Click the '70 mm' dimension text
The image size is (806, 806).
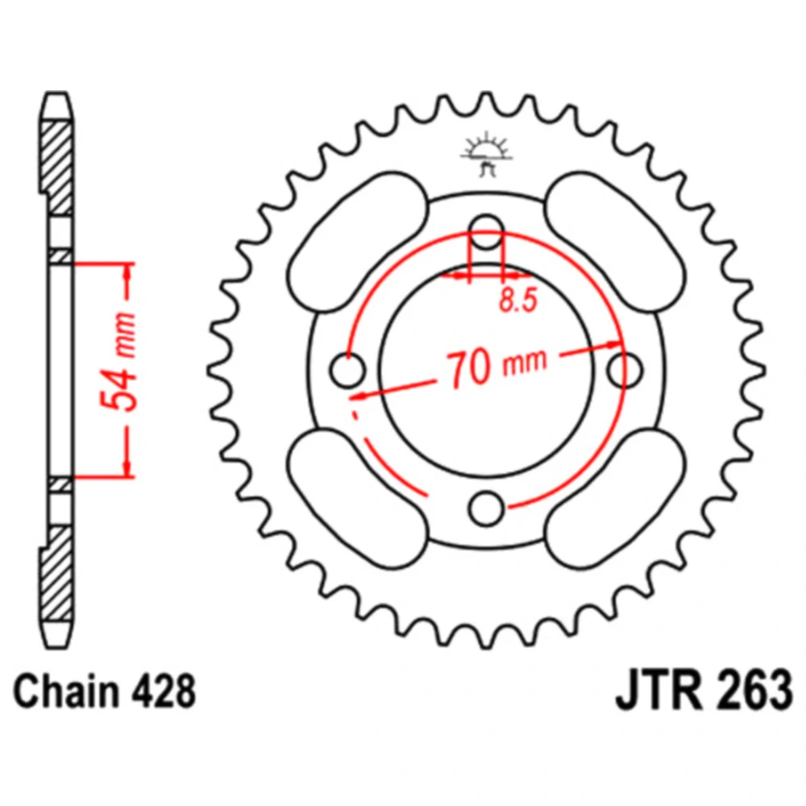(496, 367)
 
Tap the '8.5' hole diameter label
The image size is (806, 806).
(518, 300)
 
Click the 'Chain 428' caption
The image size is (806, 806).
(104, 692)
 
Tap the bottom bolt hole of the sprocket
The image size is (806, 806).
(486, 509)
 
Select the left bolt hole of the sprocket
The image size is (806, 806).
(347, 370)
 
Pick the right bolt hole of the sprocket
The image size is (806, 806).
(625, 370)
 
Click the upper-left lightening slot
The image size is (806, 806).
(357, 242)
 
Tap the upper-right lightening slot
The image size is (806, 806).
(615, 242)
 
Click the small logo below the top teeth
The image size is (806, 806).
(486, 154)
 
